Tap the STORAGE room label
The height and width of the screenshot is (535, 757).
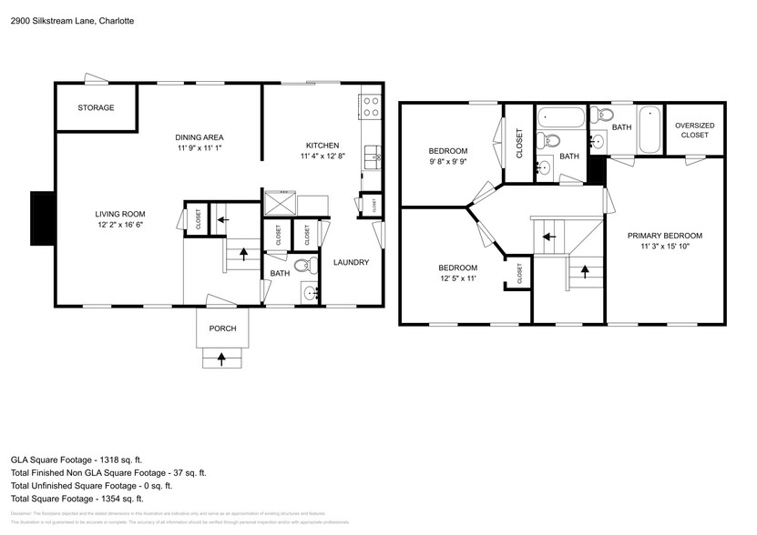pyautogui.click(x=96, y=108)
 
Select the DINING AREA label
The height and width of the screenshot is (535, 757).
pyautogui.click(x=199, y=136)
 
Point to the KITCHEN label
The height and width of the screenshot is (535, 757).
pyautogui.click(x=322, y=146)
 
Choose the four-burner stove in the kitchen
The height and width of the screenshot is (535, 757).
pyautogui.click(x=371, y=106)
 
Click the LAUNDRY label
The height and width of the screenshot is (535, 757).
pyautogui.click(x=351, y=263)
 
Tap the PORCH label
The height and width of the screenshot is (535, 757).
pyautogui.click(x=222, y=328)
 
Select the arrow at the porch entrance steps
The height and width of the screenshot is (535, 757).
pyautogui.click(x=222, y=359)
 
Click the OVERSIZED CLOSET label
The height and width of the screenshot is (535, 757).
pyautogui.click(x=695, y=130)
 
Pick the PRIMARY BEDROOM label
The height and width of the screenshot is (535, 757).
pyautogui.click(x=664, y=236)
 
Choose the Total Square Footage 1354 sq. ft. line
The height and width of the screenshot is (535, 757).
pyautogui.click(x=77, y=499)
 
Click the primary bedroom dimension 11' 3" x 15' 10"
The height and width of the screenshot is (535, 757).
pyautogui.click(x=664, y=247)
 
